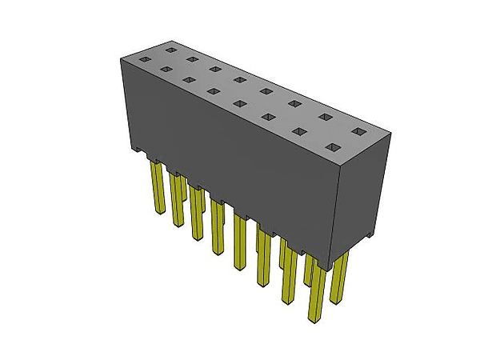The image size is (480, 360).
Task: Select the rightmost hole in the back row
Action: pos(358,130)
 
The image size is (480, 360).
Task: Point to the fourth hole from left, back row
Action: pos(239,79)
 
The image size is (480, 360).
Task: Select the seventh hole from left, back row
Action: pos(326,117)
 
